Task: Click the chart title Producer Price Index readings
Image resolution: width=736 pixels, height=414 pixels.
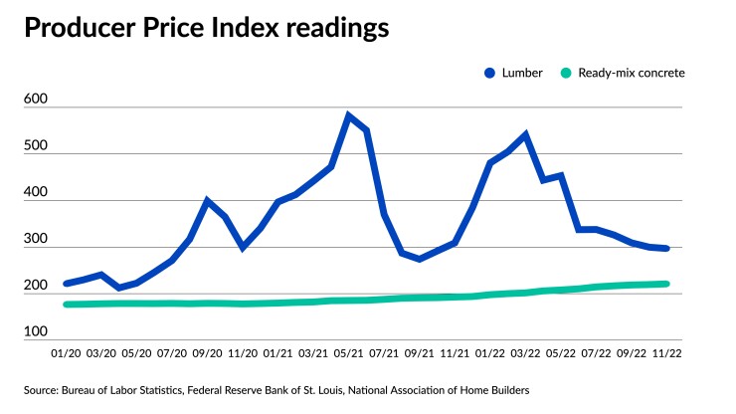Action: point(207,28)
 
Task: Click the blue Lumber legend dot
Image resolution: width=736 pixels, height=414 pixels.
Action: point(489,73)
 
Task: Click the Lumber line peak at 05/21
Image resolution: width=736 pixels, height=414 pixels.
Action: point(348,115)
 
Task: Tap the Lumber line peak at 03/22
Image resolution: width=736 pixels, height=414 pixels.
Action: point(525,134)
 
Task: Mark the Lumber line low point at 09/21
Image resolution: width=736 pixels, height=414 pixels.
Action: point(420,259)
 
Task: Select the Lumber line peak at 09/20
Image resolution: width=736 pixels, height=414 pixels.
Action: point(207,201)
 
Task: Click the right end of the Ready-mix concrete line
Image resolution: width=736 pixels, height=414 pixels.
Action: point(666,284)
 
